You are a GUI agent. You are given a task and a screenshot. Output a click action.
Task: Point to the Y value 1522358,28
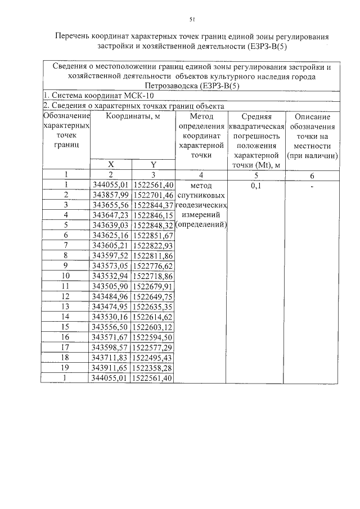pos(153,368)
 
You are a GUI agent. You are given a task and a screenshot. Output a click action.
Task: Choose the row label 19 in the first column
pos(66,368)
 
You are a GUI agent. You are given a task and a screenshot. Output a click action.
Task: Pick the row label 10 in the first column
pos(66,276)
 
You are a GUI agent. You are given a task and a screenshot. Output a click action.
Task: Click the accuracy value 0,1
pos(256,184)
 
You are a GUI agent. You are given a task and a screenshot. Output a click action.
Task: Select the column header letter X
pos(111,164)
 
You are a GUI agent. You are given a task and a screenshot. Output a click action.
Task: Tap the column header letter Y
pos(153,164)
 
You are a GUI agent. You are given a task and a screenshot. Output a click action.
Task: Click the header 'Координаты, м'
pos(132,116)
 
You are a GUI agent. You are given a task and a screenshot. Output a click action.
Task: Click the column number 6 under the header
pos(312,175)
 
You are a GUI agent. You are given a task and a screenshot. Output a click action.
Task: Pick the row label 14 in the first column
pos(66,317)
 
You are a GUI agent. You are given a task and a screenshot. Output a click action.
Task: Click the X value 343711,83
pos(111,358)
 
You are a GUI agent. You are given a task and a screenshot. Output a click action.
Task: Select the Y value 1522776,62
pos(153,265)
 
